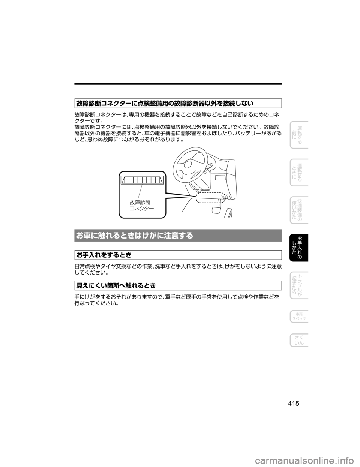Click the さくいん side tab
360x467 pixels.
coord(299,341)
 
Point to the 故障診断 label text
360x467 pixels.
coord(140,203)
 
